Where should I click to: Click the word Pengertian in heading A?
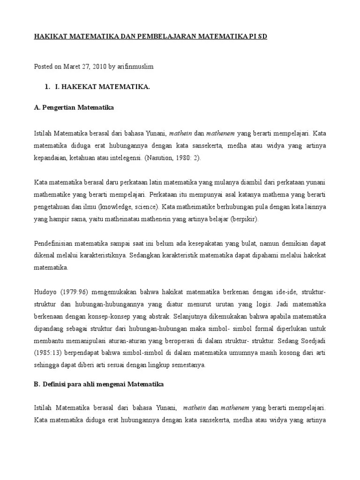61,107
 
